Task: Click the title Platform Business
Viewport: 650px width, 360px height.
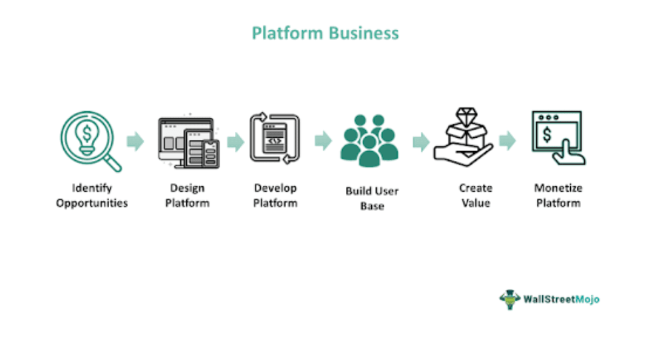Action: point(325,33)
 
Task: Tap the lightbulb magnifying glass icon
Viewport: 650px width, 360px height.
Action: point(89,141)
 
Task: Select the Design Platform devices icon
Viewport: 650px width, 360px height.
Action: point(188,141)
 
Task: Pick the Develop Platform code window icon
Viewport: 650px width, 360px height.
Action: point(274,138)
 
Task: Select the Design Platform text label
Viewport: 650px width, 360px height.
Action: point(187,196)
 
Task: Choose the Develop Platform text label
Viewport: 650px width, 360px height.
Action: point(275,196)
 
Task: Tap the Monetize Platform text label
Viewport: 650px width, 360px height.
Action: point(558,196)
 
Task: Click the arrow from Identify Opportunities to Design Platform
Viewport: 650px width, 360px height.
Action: point(136,141)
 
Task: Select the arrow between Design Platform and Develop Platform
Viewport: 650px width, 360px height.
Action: point(236,141)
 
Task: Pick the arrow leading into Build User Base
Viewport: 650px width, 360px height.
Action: point(323,140)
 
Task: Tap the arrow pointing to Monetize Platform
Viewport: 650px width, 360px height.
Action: point(508,140)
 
